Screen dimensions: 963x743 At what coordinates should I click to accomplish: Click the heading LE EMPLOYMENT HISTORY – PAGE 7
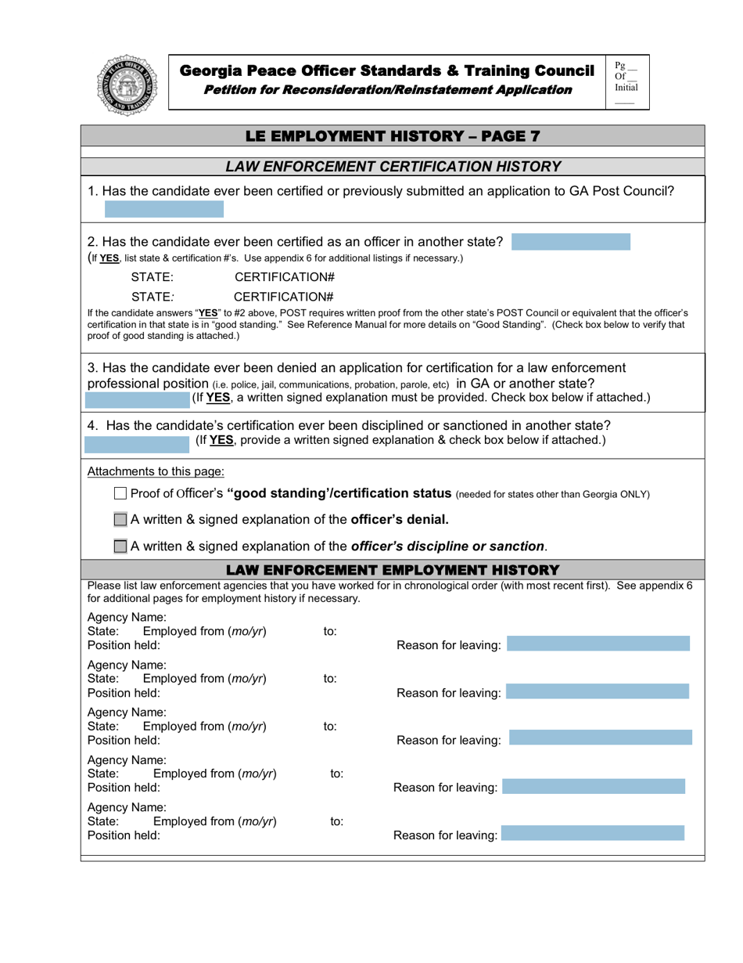pos(393,135)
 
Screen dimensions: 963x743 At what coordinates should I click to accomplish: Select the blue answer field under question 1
pos(164,209)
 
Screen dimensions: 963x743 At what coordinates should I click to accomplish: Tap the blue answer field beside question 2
pos(570,242)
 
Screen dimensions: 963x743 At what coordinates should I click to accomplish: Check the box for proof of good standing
pos(120,494)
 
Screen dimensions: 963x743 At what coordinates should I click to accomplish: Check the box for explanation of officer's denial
pos(120,519)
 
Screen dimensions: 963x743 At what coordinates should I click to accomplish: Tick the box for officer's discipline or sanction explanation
pos(120,546)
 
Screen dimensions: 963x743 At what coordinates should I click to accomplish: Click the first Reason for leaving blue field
pos(598,644)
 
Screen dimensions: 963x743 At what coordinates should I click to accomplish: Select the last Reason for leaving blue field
pos(592,834)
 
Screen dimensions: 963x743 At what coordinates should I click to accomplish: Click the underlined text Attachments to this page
pos(156,471)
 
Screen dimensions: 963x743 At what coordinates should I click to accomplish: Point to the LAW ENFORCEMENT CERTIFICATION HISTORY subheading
pos(393,166)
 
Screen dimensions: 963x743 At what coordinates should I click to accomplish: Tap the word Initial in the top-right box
pos(626,88)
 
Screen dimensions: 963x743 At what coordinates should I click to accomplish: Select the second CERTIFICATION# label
pos(284,297)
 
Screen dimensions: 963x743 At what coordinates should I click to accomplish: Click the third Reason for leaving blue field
pos(600,738)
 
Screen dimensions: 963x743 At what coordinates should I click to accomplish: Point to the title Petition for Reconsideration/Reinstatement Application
pos(387,90)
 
